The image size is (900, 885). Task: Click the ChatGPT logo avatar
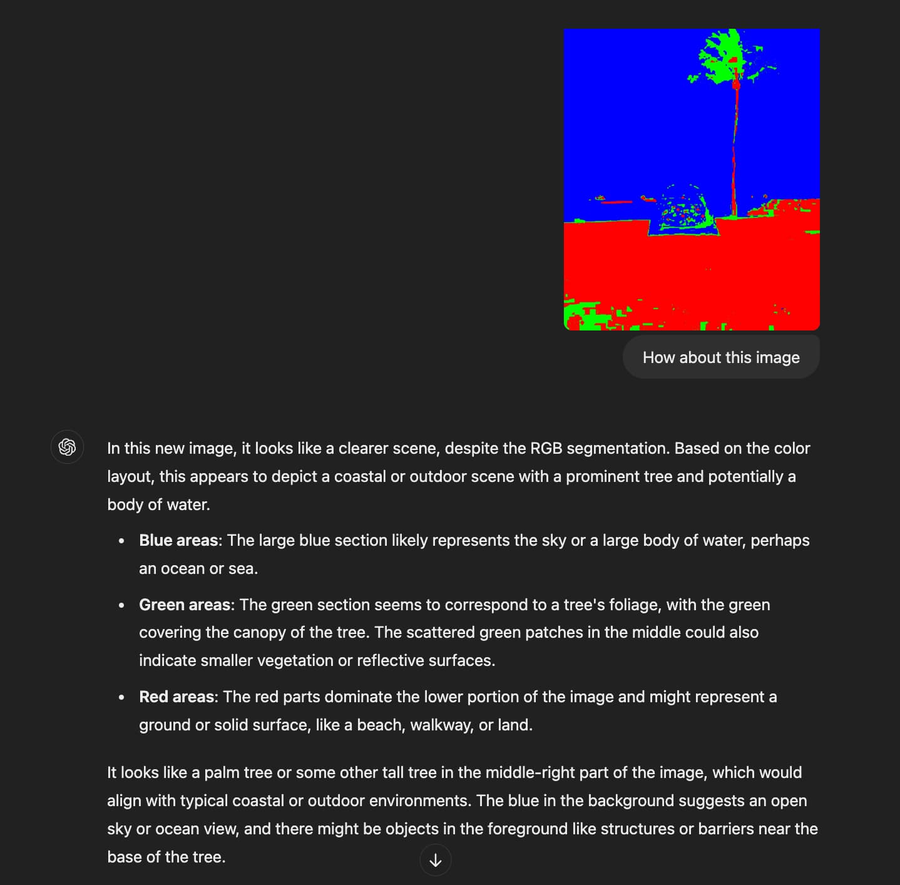click(67, 447)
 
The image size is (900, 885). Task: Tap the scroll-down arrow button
click(436, 860)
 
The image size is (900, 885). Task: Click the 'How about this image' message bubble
click(721, 357)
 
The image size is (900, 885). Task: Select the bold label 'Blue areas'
click(178, 540)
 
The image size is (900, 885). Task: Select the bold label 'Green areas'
click(185, 605)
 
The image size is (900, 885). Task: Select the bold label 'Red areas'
click(176, 697)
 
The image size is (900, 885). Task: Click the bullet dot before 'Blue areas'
click(121, 541)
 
